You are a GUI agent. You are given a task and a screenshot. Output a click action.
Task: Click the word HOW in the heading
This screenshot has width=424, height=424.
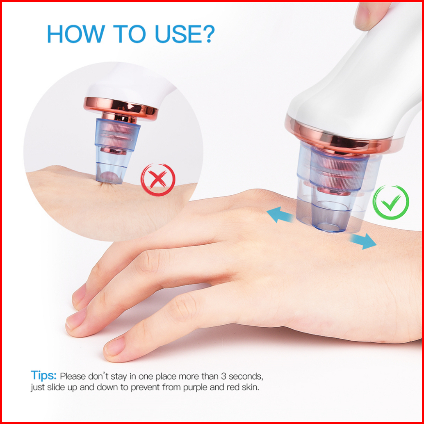coord(76,34)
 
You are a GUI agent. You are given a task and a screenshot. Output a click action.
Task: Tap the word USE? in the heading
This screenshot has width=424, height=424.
coord(185,34)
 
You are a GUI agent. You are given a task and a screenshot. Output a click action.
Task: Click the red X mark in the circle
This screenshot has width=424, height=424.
coord(158,180)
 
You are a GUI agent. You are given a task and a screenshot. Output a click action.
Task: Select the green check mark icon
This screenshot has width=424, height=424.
coord(391,203)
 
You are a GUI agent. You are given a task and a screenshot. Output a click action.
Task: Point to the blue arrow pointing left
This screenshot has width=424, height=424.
coord(280,215)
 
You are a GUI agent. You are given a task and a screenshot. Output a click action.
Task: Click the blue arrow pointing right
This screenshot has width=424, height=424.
coord(363,241)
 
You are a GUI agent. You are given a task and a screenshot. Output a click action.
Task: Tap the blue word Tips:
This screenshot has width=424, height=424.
coord(43,376)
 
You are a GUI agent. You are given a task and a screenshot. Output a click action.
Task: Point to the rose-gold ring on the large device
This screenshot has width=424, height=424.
coord(338,138)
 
